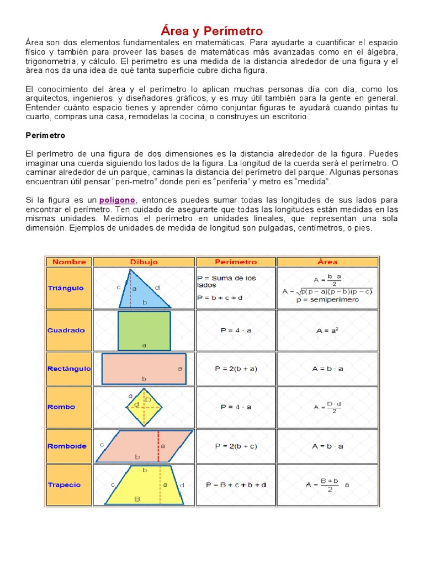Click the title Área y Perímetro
pos(212,30)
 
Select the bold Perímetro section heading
pos(45,135)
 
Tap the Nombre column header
pos(69,262)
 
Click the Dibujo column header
pos(144,262)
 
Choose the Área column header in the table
pos(327,262)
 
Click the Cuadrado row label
pos(66,331)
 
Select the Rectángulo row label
pos(69,369)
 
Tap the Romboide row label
pos(67,446)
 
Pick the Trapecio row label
pos(64,485)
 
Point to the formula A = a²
pos(327,331)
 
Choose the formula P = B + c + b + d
pos(236,485)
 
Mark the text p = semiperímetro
pos(327,300)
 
